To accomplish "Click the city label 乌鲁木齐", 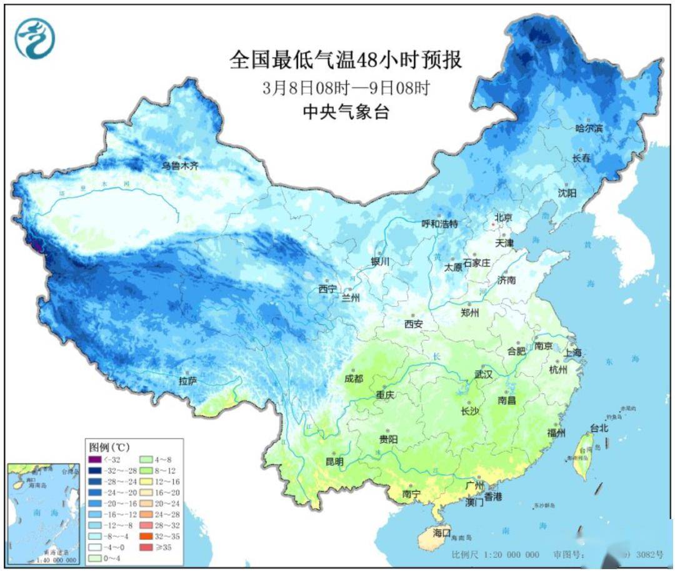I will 180,166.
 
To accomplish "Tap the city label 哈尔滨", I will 589,128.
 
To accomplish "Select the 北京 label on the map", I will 503,217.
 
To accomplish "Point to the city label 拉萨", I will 187,380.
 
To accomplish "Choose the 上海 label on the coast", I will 572,353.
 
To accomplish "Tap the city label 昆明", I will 334,462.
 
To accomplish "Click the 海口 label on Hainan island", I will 442,533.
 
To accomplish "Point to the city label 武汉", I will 483,374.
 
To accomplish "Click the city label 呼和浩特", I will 440,223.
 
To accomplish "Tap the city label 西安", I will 413,324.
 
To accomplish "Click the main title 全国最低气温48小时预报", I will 346,61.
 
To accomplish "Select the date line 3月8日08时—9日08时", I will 346,88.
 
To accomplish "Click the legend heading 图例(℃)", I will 109,447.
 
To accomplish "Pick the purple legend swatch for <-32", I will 94,460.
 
